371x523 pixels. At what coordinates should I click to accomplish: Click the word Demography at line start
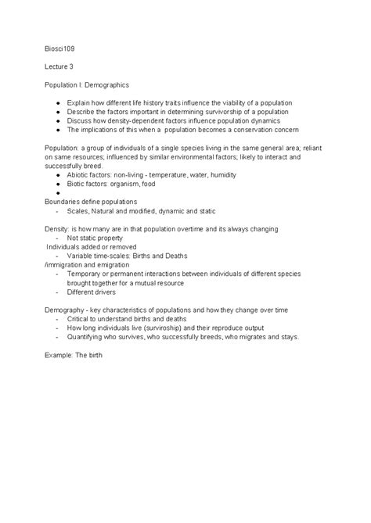coord(66,310)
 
